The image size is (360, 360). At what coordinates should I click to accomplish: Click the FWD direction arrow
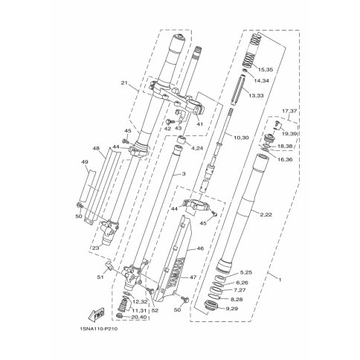[97, 313]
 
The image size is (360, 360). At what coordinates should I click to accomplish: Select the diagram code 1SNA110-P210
[98, 330]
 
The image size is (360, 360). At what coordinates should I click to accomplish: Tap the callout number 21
[124, 83]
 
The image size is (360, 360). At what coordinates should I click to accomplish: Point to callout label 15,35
[266, 70]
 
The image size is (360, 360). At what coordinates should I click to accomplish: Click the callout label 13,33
[256, 95]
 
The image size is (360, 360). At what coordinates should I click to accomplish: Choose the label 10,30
[241, 138]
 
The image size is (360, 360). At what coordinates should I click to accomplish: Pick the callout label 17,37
[289, 111]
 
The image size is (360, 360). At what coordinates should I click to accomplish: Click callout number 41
[199, 124]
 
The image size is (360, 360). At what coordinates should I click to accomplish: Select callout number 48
[96, 148]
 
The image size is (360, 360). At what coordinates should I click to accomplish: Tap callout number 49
[85, 162]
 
